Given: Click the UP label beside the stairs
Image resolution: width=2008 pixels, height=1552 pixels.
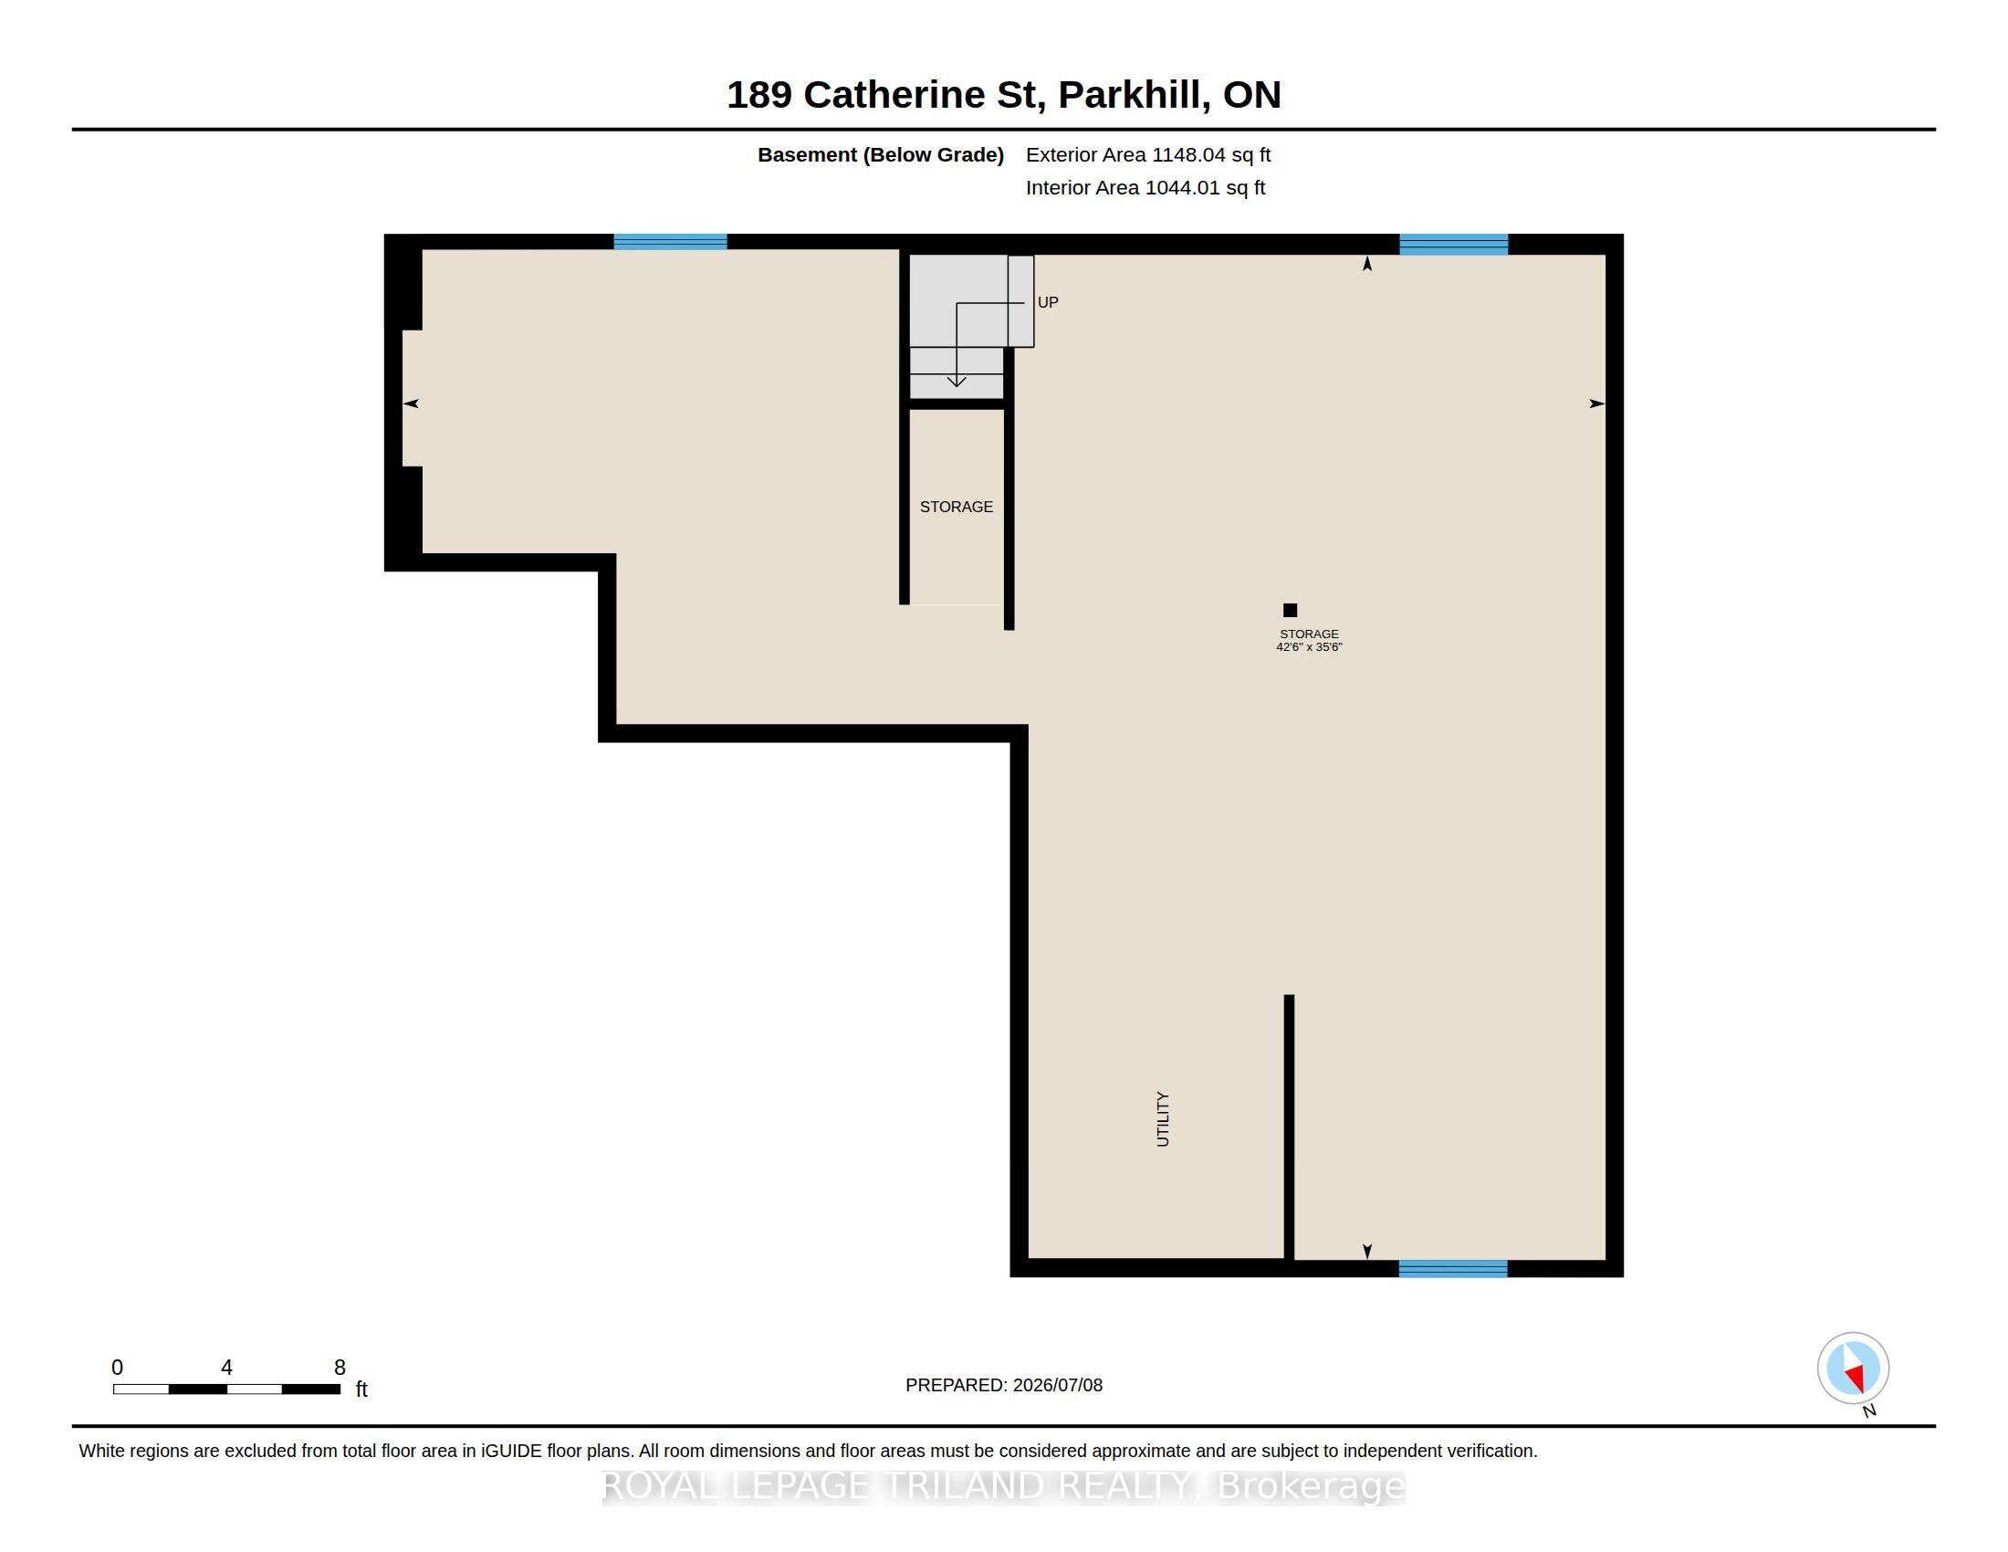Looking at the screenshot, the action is click(x=1047, y=302).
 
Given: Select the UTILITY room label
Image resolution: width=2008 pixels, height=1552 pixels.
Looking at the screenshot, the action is click(x=1163, y=1119).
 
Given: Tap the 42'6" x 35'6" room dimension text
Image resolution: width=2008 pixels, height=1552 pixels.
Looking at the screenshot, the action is click(x=1309, y=647).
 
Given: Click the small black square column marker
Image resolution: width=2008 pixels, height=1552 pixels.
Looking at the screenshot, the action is click(x=1290, y=610).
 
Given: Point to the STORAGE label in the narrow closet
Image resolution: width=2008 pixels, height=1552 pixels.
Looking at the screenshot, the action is click(x=957, y=507).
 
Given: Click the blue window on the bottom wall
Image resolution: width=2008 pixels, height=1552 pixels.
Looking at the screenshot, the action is click(x=1453, y=1269).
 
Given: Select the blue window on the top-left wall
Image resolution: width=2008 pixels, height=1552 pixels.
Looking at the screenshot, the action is click(x=670, y=242).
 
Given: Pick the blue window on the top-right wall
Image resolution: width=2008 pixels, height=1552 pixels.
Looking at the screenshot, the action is click(x=1453, y=245).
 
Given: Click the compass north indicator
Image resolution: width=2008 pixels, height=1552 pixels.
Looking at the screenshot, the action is click(x=1853, y=1368).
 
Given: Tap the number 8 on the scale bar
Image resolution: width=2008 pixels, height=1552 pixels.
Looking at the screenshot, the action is click(x=340, y=1368).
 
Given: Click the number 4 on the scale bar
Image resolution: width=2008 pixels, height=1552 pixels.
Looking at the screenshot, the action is click(x=226, y=1368).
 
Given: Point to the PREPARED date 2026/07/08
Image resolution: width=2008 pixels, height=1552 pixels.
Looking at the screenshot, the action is click(x=1057, y=1385).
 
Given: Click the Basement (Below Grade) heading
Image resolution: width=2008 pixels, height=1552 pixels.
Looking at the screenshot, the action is click(x=881, y=155).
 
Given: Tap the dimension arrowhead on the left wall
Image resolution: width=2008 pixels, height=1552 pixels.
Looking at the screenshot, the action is click(x=411, y=404).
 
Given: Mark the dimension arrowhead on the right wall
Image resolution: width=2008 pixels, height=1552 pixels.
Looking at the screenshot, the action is click(x=1598, y=404).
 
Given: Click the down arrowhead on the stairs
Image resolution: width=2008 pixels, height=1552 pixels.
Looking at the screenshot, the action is click(x=957, y=381).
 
